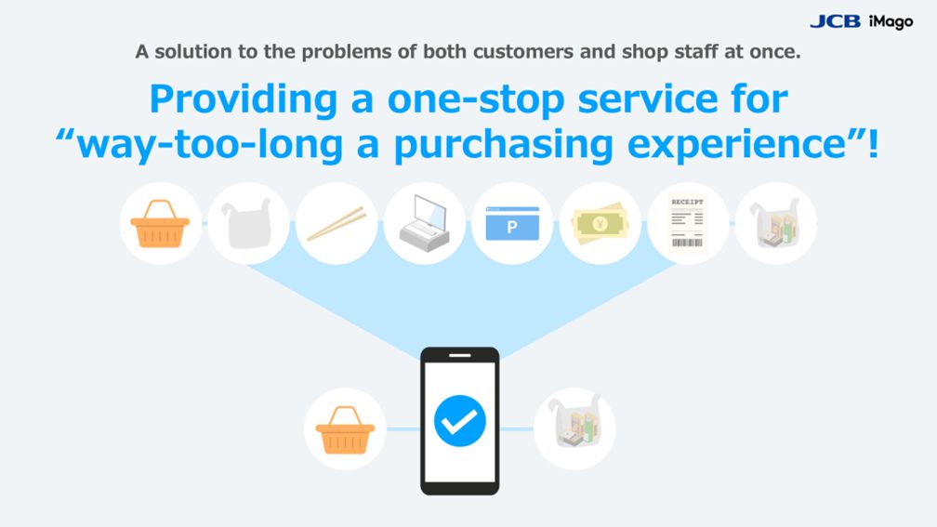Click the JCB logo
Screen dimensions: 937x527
[x=835, y=21]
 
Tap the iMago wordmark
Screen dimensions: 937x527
[x=891, y=22]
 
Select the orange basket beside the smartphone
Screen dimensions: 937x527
[x=345, y=429]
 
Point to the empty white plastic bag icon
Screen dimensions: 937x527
[x=248, y=223]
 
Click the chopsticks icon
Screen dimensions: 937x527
[x=337, y=224]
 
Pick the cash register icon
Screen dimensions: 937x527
[x=424, y=223]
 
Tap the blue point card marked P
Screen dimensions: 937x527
[x=512, y=223]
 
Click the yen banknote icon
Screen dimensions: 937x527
[x=600, y=223]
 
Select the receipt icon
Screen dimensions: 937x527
[x=687, y=223]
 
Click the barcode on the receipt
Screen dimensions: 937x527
[x=687, y=243]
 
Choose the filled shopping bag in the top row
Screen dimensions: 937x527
[x=775, y=223]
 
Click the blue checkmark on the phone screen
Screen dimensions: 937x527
[x=459, y=421]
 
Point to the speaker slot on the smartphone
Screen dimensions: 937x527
[x=459, y=355]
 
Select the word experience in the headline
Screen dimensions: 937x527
[x=737, y=145]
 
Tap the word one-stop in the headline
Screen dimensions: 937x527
[x=476, y=100]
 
